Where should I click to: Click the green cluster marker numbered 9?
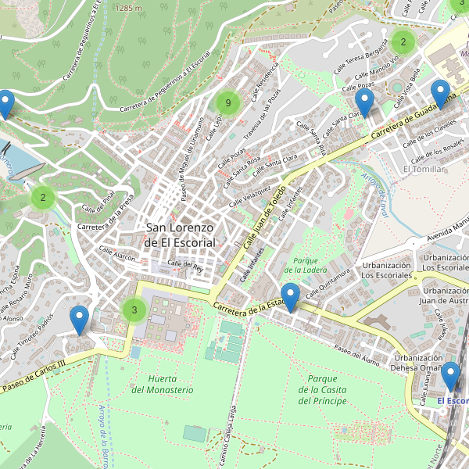pyautogui.click(x=227, y=102)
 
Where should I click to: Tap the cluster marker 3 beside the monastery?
pyautogui.click(x=134, y=310)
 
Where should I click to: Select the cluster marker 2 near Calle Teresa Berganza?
pyautogui.click(x=403, y=41)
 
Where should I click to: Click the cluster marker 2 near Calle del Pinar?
pyautogui.click(x=43, y=197)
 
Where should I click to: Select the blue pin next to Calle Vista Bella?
pyautogui.click(x=441, y=94)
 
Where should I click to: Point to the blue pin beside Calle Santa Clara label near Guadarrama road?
pyautogui.click(x=364, y=103)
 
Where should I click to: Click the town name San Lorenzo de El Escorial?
pyautogui.click(x=180, y=234)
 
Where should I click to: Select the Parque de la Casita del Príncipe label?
pyautogui.click(x=321, y=389)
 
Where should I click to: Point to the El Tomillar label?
pyautogui.click(x=423, y=169)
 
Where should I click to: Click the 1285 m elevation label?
pyautogui.click(x=128, y=7)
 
